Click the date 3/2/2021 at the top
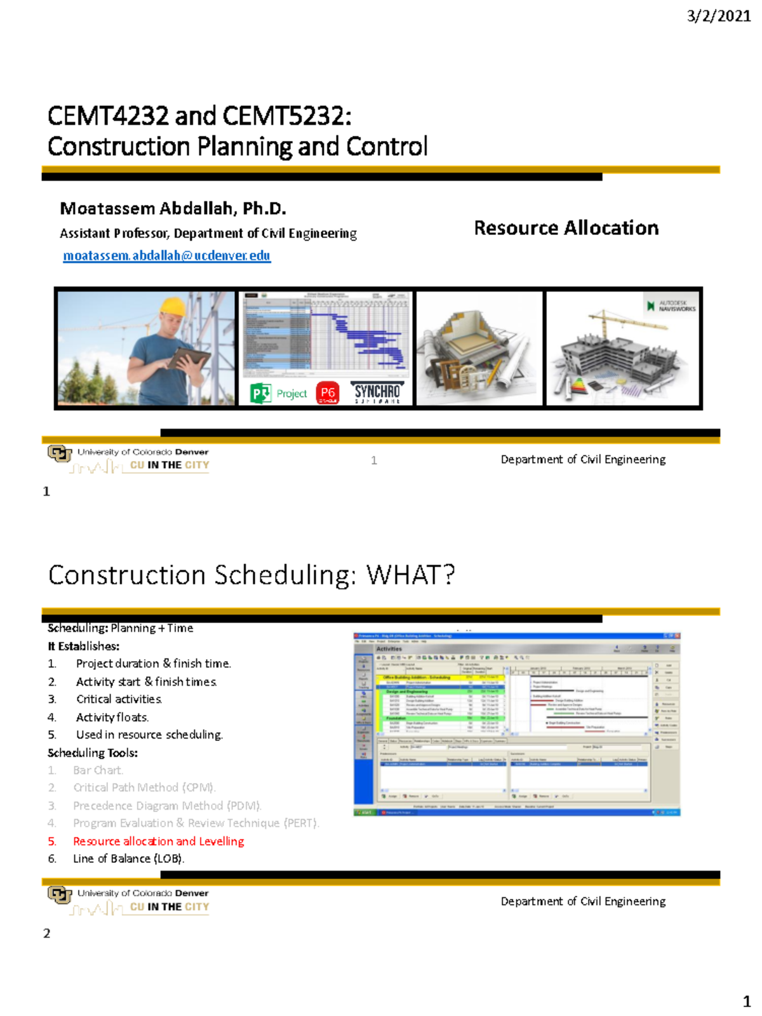tap(719, 16)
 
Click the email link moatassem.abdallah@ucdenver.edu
tap(167, 255)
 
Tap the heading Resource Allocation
tap(566, 228)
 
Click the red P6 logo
tap(327, 393)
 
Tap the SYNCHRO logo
tap(377, 393)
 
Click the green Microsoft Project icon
tap(260, 394)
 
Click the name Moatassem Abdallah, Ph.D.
tap(173, 208)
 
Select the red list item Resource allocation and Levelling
tap(158, 841)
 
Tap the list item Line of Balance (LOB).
tap(128, 859)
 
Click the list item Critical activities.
tap(119, 699)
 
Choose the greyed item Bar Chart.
tap(98, 770)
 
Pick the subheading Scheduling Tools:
tap(93, 752)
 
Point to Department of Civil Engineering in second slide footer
tap(583, 901)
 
